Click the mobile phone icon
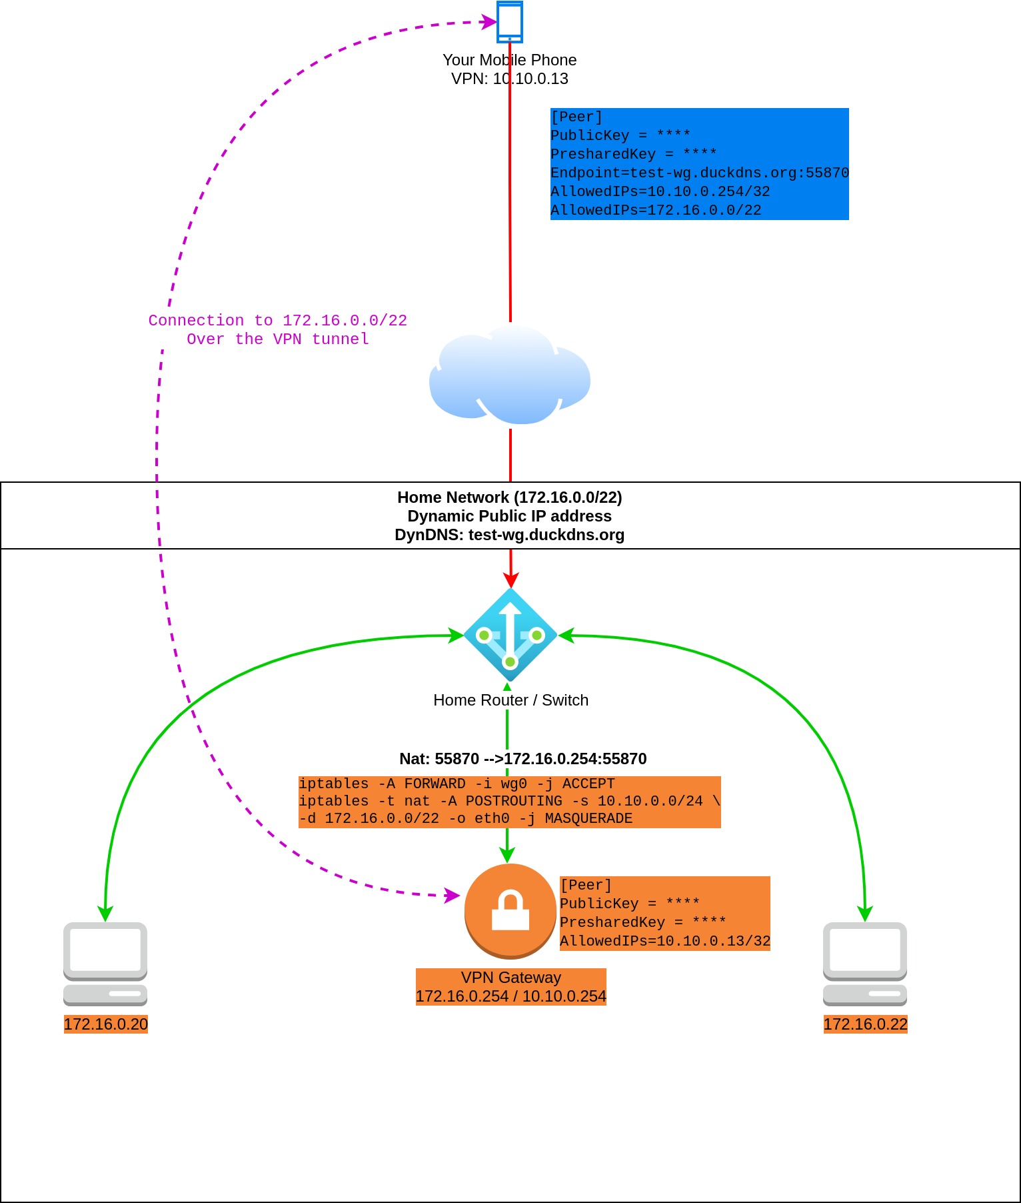510,21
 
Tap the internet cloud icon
510,375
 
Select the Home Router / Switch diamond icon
510,635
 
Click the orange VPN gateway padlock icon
510,911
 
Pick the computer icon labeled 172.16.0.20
105,964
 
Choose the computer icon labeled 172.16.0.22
865,964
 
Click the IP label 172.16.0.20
106,1024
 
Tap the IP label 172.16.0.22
866,1024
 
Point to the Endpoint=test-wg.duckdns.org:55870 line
700,173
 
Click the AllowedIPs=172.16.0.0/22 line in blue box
656,210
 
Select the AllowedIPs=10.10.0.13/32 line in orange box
665,941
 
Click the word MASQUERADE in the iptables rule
588,818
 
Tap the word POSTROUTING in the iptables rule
514,801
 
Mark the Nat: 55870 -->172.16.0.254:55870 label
523,759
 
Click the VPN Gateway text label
511,978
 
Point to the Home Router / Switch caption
511,700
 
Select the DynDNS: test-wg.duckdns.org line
510,535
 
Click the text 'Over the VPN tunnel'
278,339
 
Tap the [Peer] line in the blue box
576,117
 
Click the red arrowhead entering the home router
510,579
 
